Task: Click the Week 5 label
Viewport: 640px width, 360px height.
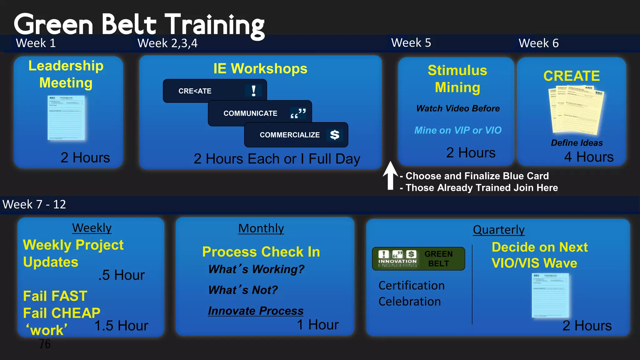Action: coord(411,43)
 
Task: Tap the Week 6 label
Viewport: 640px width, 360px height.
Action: coord(538,43)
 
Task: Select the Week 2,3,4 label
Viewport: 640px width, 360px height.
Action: coord(167,43)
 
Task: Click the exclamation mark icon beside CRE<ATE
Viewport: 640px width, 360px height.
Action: coord(253,91)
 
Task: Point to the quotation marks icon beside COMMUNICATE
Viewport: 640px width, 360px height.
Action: coord(298,113)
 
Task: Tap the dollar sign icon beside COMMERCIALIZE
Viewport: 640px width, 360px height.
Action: coord(335,135)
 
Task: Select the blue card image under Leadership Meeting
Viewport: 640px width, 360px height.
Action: coord(66,118)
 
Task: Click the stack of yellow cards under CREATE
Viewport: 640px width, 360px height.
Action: coord(576,109)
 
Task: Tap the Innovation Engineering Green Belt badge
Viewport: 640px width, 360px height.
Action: coord(418,258)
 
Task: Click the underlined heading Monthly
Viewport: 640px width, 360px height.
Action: coord(261,228)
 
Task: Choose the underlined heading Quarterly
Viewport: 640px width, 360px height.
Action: coord(498,230)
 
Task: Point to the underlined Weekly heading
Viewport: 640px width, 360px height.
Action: coord(92,228)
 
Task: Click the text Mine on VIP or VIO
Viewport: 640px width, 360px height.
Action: coord(458,130)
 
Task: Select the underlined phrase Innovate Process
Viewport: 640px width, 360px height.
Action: coord(256,311)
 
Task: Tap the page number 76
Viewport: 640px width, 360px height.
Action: coord(45,344)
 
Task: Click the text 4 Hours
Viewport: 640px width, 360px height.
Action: coord(589,157)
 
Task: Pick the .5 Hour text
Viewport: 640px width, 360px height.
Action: coord(122,275)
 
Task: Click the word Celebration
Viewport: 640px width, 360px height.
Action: coord(409,302)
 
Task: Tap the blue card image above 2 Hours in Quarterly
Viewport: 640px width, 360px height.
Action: coord(550,295)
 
